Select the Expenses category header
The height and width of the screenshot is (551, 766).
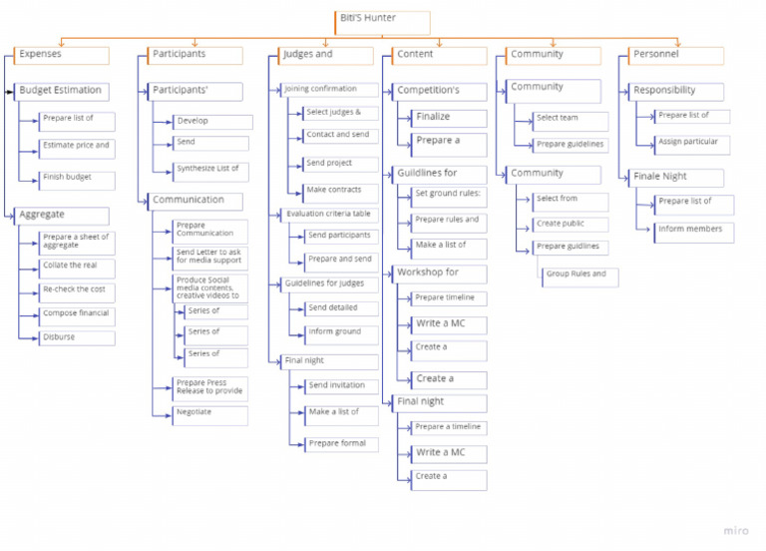click(x=59, y=55)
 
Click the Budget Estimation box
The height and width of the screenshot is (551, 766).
click(x=60, y=91)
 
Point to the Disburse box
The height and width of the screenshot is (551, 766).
click(x=77, y=338)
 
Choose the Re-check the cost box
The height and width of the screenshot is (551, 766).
click(x=77, y=291)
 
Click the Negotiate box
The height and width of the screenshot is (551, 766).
click(x=210, y=413)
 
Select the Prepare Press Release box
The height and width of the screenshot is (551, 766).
click(x=210, y=387)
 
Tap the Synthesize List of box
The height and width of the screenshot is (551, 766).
click(x=210, y=171)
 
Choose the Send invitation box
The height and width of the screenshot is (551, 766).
click(x=341, y=386)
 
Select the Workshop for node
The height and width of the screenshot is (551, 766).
click(x=439, y=273)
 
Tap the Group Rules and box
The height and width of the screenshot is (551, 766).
click(x=579, y=275)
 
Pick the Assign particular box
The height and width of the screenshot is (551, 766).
click(x=693, y=144)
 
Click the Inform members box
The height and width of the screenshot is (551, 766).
click(x=695, y=232)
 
